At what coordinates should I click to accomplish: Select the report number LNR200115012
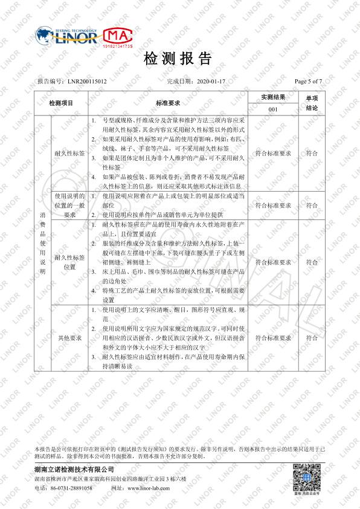pyautogui.click(x=87, y=80)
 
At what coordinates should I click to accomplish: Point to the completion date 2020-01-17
pyautogui.click(x=211, y=80)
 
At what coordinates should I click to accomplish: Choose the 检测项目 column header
pyautogui.click(x=60, y=103)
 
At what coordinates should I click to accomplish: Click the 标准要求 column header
pyautogui.click(x=167, y=103)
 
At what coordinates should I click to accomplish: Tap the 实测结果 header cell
pyautogui.click(x=272, y=97)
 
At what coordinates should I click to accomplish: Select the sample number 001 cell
pyautogui.click(x=272, y=109)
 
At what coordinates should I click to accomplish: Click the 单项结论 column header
pyautogui.click(x=312, y=103)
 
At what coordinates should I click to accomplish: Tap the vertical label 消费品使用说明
pyautogui.click(x=42, y=242)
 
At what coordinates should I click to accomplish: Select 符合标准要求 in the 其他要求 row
pyautogui.click(x=272, y=337)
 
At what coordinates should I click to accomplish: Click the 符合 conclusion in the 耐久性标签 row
pyautogui.click(x=312, y=154)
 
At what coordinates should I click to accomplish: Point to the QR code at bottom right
pyautogui.click(x=306, y=478)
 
